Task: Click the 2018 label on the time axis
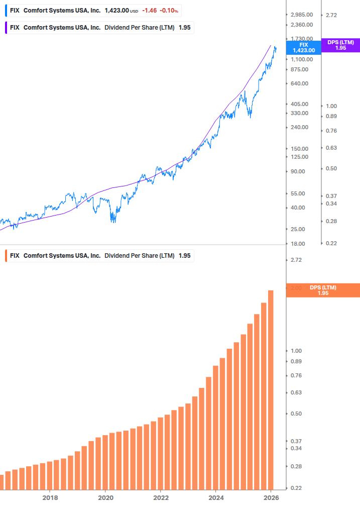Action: [x=50, y=497]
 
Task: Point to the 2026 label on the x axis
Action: [x=271, y=497]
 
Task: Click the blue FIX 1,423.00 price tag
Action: [x=304, y=48]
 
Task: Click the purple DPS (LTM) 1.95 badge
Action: [x=340, y=45]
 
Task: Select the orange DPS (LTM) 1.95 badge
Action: [x=323, y=290]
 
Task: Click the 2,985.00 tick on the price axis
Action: [x=302, y=15]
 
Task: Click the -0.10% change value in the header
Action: [x=169, y=11]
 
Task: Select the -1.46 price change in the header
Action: [x=149, y=11]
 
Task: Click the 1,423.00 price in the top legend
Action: [x=117, y=11]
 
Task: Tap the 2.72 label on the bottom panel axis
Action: [x=296, y=260]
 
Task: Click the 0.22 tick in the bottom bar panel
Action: [x=296, y=488]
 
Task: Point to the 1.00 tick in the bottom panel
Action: [x=296, y=351]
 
